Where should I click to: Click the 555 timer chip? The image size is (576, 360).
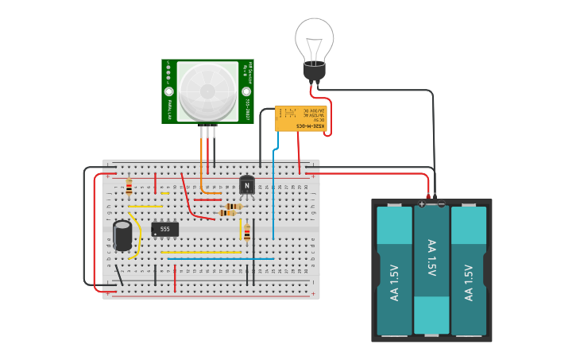[x=164, y=229]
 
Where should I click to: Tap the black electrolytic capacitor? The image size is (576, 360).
[x=122, y=236]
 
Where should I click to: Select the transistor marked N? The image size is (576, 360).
[x=248, y=185]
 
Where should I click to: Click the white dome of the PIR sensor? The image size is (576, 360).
[x=207, y=91]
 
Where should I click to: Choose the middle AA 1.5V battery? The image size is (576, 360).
[x=431, y=270]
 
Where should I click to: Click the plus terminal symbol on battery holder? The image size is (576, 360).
[x=422, y=204]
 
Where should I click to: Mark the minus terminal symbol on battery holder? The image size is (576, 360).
[x=441, y=204]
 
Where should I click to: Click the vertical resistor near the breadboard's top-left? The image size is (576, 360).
[x=130, y=188]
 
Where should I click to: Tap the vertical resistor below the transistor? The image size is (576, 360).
[x=247, y=232]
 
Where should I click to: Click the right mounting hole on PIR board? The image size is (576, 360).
[x=247, y=102]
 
